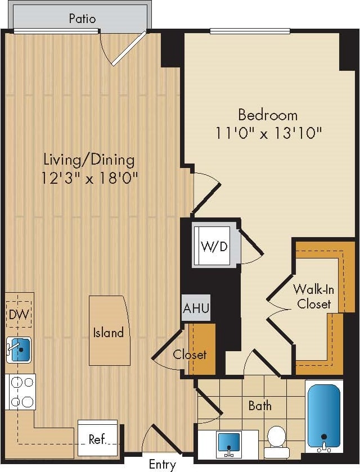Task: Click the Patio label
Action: [82, 19]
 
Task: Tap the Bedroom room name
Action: [268, 115]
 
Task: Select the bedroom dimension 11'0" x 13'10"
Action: [268, 134]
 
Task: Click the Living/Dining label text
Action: [89, 160]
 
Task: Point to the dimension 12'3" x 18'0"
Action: [89, 178]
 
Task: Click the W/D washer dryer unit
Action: [214, 246]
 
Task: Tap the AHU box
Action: [195, 308]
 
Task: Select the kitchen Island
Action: [108, 332]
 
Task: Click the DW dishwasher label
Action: [20, 315]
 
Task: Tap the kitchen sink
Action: [20, 350]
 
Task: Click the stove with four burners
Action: [20, 392]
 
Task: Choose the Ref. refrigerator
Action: [98, 438]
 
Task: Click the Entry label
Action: [162, 464]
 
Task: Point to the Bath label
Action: [260, 405]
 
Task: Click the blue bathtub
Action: [323, 416]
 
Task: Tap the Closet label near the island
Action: [190, 355]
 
